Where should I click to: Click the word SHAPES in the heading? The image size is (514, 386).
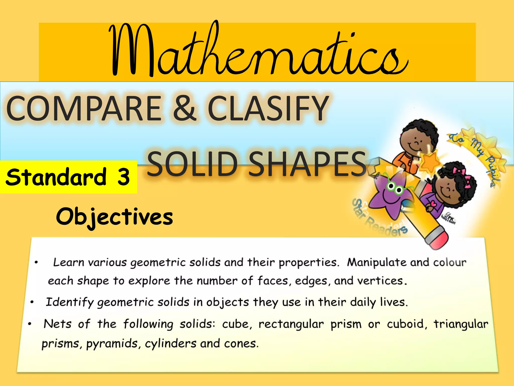tap(307, 164)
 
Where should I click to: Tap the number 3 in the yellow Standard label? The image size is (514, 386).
tap(123, 177)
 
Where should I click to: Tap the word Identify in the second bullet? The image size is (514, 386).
tap(70, 302)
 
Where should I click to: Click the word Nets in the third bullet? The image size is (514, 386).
tap(57, 324)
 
